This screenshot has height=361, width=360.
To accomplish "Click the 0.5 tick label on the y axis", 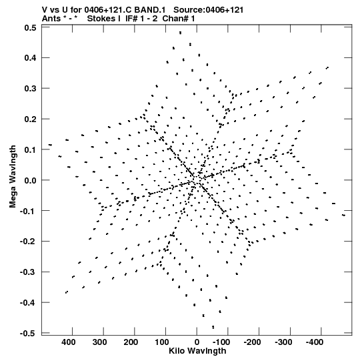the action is (31, 27).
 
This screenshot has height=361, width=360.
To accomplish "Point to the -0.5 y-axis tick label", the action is (28, 333).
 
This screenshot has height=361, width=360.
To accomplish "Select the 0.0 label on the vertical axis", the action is (31, 180).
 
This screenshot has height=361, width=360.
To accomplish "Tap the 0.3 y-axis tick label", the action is (31, 88).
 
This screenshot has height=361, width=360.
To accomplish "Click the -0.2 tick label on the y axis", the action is (28, 242).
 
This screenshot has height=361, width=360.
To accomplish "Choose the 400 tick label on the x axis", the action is (68, 342).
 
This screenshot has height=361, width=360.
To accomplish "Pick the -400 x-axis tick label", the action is (315, 342).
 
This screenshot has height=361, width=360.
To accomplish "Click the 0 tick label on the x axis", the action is (197, 342).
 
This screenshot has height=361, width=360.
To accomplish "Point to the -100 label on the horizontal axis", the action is (221, 342).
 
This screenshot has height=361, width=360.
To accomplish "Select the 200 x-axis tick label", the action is (131, 342).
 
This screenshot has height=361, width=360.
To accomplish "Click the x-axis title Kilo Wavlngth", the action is (197, 351).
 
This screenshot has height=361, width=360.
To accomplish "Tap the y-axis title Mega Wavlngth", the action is (13, 177).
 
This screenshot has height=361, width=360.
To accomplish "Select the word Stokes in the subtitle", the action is (104, 19).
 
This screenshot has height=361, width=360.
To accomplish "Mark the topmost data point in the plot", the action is (181, 33).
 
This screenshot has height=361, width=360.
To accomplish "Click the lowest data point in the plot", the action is (213, 327).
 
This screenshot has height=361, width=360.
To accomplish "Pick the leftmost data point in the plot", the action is (50, 145).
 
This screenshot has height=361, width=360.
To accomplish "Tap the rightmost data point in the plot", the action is (344, 216).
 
